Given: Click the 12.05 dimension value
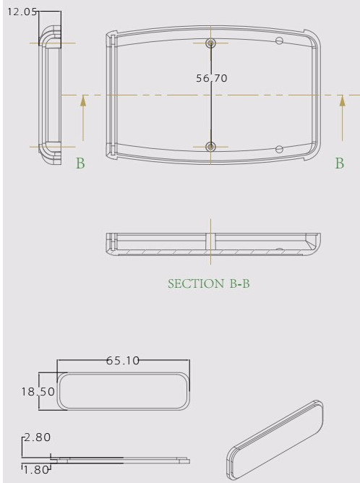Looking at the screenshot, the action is [22, 12].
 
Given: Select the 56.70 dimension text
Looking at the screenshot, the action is [212, 78].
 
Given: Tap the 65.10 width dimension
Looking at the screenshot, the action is [123, 360].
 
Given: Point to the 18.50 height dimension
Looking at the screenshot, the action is [38, 391].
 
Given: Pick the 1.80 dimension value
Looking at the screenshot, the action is [36, 470].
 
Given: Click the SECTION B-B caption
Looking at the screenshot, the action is [209, 283].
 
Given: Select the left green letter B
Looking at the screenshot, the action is [80, 163].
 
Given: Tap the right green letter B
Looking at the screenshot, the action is [340, 163].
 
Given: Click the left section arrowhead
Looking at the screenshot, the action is [83, 101].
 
